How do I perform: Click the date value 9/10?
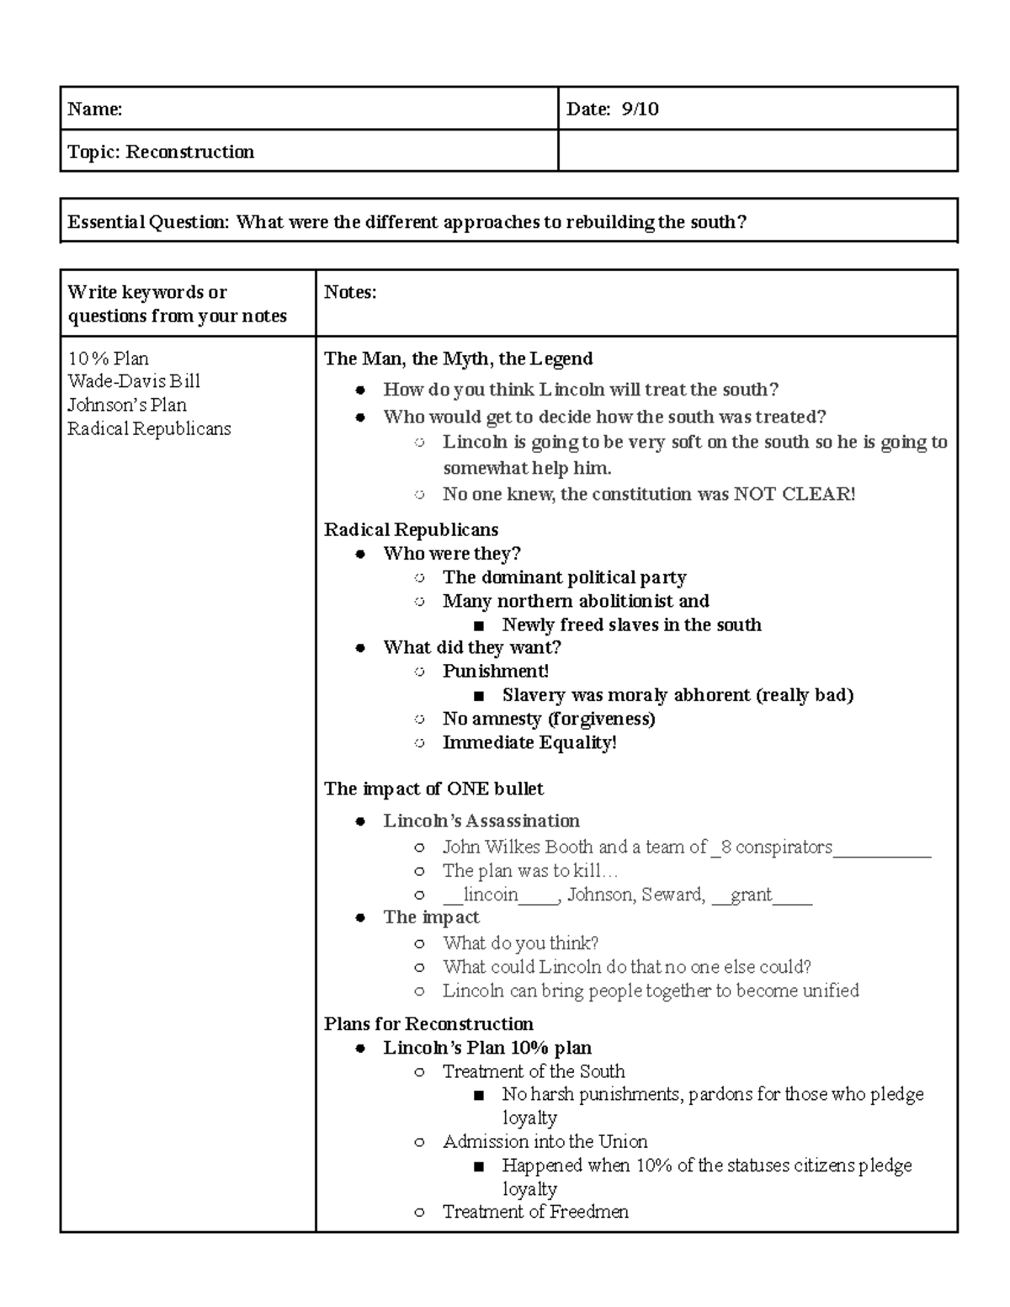tap(640, 109)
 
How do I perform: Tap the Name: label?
tap(94, 109)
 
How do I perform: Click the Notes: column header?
tap(350, 292)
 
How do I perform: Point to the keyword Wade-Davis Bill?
tap(134, 381)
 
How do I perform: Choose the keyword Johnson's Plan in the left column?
tap(127, 405)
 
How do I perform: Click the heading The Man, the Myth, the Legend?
tap(458, 359)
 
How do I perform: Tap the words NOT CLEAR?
tap(794, 494)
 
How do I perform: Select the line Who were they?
tap(452, 554)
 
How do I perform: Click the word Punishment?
tap(496, 672)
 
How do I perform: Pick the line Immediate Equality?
tap(529, 742)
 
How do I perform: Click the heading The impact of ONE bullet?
tap(433, 789)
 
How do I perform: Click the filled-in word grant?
tap(751, 895)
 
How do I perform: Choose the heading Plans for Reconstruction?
tap(428, 1023)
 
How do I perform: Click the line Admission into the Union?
tap(545, 1141)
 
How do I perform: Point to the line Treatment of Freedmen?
tap(535, 1212)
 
